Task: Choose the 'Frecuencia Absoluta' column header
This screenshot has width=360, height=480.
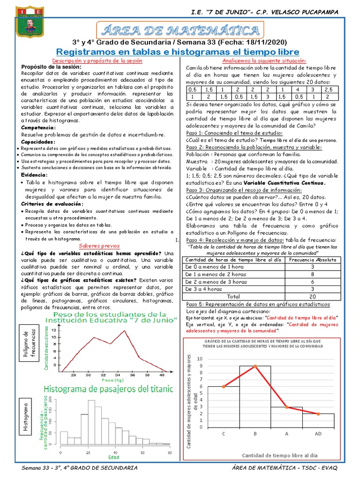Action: [313, 259]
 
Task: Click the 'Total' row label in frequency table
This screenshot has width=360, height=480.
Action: [233, 296]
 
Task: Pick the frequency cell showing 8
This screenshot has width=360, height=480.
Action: [313, 274]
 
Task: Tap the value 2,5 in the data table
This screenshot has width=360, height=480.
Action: [328, 89]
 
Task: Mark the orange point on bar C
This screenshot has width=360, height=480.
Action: [224, 386]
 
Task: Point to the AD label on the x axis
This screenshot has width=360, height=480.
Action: [318, 434]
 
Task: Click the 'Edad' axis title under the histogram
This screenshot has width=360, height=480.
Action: [114, 457]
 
